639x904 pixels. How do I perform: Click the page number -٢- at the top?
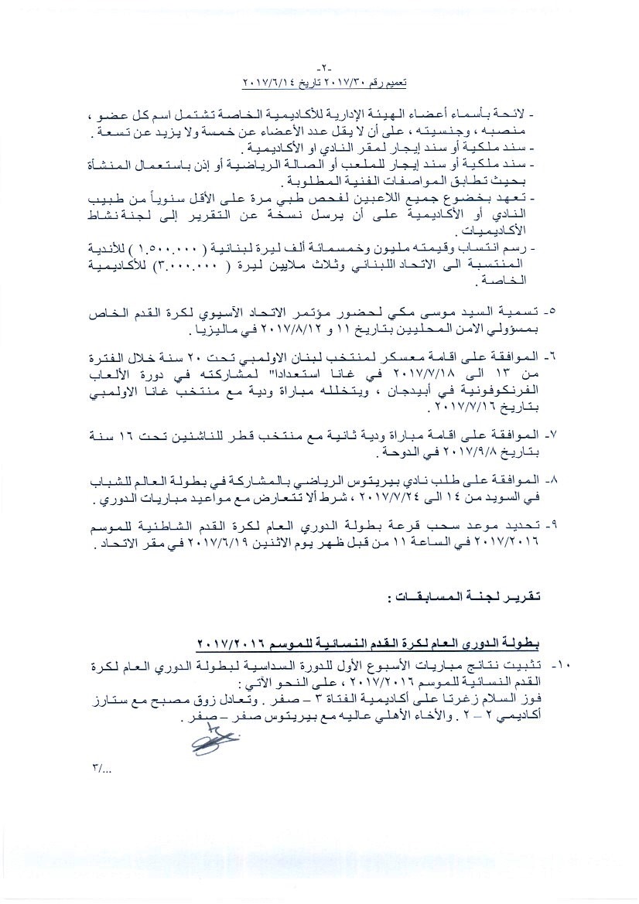coord(319,67)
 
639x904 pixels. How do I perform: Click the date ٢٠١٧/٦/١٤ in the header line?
coord(271,81)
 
